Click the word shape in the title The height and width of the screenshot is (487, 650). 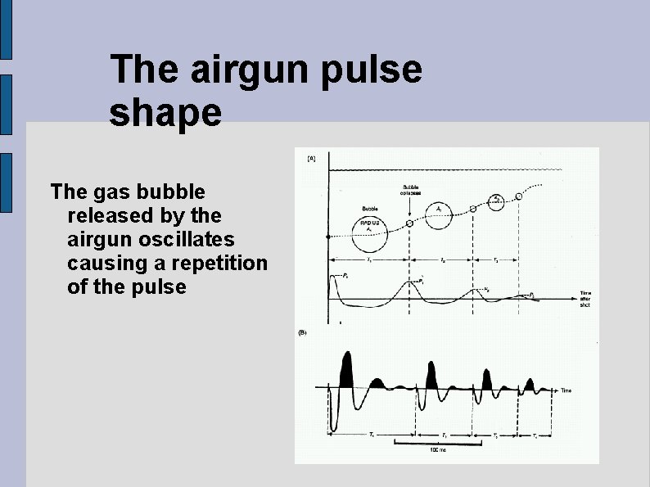[x=165, y=113]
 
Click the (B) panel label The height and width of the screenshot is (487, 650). [x=302, y=332]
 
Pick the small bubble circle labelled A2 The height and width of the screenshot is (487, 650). [x=496, y=201]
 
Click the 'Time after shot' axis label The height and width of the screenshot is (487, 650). [x=585, y=298]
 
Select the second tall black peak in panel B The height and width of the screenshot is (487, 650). [x=431, y=372]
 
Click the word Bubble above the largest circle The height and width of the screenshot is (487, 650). [x=370, y=208]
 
